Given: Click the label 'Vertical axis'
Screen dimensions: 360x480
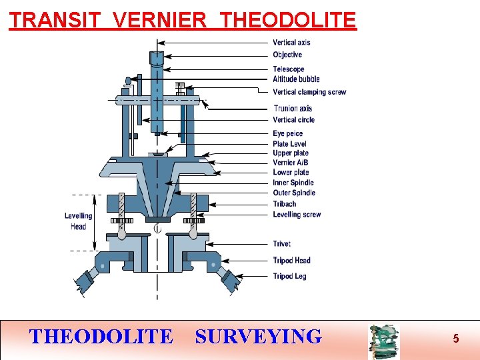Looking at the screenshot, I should coord(291,43).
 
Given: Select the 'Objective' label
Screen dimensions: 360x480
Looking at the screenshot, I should coord(287,55).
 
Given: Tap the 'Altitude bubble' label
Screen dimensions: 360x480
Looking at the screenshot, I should coord(296,79).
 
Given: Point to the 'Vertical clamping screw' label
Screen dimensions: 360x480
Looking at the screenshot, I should coord(309,92).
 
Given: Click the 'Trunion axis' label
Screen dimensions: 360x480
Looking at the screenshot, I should coord(293,109).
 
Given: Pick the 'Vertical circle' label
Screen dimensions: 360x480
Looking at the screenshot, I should coord(293,120).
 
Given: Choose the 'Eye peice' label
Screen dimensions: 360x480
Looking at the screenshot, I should coord(288,134).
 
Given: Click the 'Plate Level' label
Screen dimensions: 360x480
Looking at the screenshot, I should coord(289,144).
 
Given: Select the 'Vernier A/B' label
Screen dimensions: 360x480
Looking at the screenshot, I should coord(291,163).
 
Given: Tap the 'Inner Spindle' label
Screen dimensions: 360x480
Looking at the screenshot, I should coord(293,183).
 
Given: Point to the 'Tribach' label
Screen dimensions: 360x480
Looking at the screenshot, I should coord(285,204).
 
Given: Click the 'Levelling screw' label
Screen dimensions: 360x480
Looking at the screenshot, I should coord(297,215).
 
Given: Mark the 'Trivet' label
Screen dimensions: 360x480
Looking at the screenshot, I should coord(281,244).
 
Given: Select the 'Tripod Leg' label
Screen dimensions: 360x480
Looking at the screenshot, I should coord(289,276).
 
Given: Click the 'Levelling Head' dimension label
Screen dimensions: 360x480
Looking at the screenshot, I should coord(78,221).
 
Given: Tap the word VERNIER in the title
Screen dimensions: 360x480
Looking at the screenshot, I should coord(160,20).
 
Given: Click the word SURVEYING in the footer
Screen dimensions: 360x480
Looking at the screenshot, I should coord(258,337).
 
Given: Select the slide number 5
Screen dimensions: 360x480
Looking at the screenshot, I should coord(456,339).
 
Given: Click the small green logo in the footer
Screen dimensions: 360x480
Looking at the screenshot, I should coord(383,341).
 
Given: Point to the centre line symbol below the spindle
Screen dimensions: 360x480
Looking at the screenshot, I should coord(157,229).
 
